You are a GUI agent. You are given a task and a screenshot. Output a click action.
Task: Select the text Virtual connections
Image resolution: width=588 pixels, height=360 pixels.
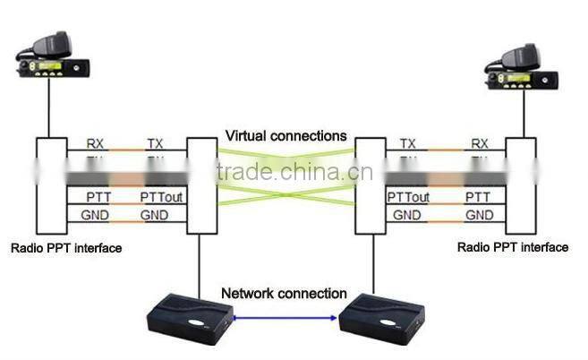point(285,136)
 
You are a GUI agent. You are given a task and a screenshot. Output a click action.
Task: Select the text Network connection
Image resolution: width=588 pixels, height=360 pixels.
point(285,293)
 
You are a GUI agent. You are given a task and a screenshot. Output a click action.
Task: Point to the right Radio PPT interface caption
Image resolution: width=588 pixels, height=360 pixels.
point(513,247)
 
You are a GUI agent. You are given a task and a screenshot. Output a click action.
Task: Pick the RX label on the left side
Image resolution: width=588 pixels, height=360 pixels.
point(95,143)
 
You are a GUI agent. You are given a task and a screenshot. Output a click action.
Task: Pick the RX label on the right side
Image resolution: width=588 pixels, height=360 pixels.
point(480,143)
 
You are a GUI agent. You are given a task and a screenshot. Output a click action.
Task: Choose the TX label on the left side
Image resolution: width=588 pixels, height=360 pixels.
point(156,143)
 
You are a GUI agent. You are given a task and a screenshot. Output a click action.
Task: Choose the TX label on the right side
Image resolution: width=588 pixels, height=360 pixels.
point(408,143)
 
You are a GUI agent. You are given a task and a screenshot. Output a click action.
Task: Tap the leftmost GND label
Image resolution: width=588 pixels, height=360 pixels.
point(95,215)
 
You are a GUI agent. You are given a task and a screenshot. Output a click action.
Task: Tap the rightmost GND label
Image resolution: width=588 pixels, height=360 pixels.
point(480,215)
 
